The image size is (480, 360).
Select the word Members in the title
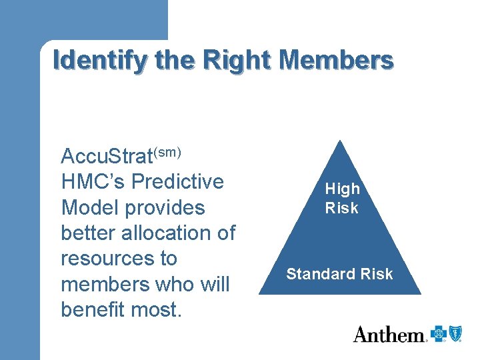pos(337,60)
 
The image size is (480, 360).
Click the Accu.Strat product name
pos(107,157)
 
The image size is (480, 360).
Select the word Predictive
pos(178,182)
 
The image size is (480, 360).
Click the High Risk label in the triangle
pos(342,199)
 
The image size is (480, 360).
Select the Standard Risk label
pos(340,274)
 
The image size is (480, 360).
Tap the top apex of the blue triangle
pos(341,141)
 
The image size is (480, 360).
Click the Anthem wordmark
pos(389,334)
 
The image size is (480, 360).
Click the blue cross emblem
pos(438,334)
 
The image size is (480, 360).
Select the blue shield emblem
pos(455,334)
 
